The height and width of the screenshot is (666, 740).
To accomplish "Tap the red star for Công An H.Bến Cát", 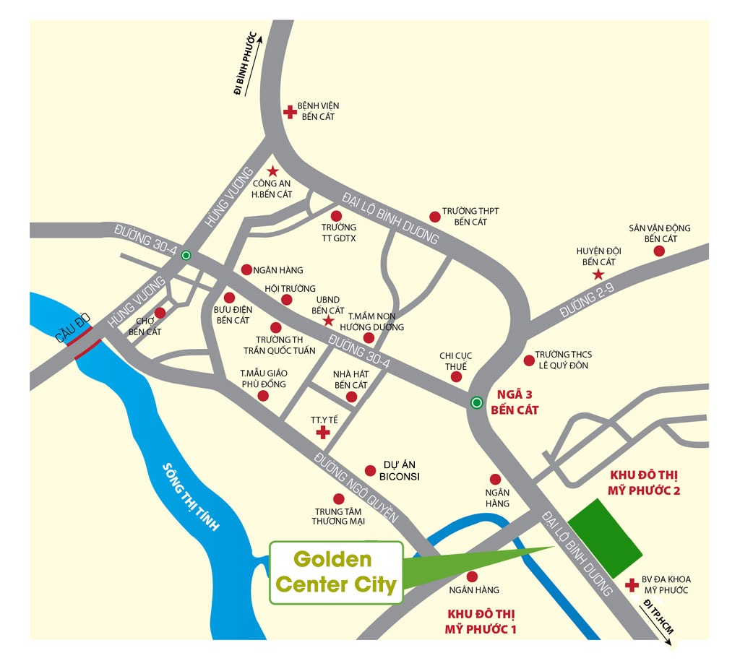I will (272, 171).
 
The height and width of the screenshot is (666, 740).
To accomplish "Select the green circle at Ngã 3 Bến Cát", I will (476, 403).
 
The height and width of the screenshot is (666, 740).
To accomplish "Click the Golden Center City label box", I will (336, 573).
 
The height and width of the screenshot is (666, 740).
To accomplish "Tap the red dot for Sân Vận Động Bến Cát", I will (659, 251).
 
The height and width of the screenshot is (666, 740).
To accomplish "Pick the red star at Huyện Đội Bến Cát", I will (598, 274).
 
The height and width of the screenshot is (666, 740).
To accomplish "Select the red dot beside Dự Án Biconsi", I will (370, 470).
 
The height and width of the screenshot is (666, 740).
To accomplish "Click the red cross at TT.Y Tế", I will (323, 432).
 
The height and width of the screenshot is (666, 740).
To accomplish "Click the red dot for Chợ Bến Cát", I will (160, 313).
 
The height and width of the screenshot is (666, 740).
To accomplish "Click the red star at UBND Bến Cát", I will (327, 320).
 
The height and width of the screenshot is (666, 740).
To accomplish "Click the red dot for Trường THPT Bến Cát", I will (434, 216).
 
